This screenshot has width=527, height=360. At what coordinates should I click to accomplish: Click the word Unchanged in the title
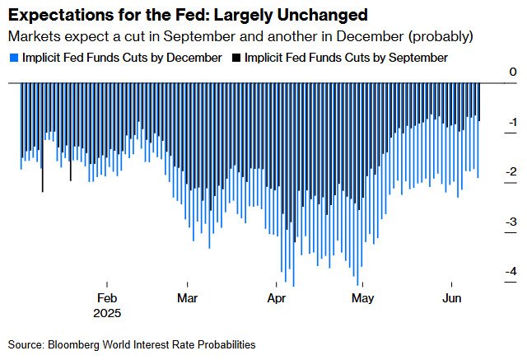(297, 16)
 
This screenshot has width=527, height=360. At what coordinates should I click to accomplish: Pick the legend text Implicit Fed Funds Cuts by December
(119, 58)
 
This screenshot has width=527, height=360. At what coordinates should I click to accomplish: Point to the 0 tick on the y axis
(513, 72)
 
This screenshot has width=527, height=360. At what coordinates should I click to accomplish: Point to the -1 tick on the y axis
(511, 122)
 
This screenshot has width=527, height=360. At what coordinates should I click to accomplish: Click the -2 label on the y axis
(511, 171)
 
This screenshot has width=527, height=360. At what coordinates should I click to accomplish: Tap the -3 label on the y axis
(511, 222)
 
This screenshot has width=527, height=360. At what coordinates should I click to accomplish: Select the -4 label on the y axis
(511, 271)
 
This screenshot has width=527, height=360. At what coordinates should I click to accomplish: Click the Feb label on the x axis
(108, 297)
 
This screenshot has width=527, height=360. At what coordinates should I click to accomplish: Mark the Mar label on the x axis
(187, 297)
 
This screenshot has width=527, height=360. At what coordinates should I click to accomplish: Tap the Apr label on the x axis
(276, 297)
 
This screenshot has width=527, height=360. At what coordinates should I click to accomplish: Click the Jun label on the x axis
(451, 297)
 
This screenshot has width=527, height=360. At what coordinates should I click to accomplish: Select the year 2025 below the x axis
(108, 313)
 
